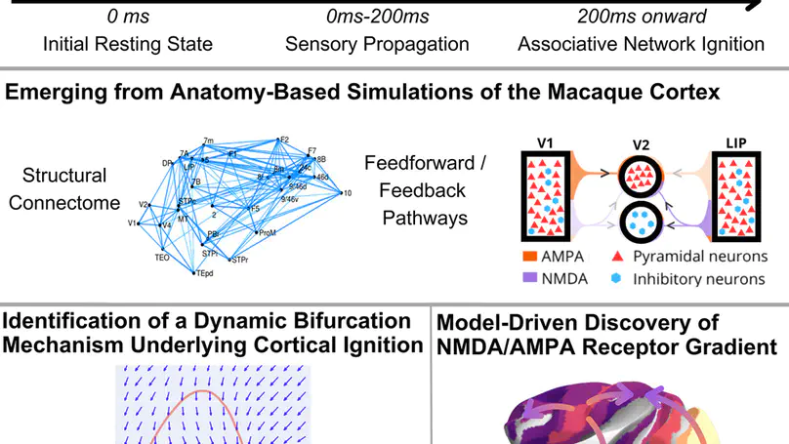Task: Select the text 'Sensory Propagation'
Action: (x=377, y=45)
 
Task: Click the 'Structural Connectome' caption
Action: (x=65, y=189)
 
